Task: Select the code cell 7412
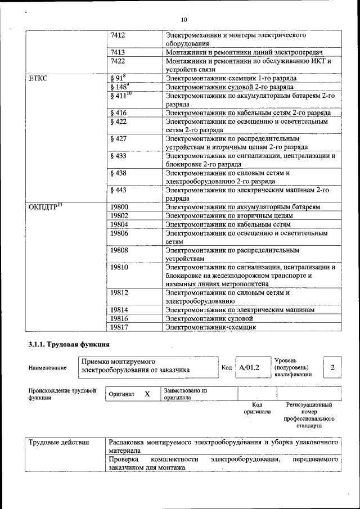click(x=118, y=35)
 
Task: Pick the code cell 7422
click(x=118, y=61)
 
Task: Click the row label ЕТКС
click(x=38, y=78)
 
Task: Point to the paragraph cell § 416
click(x=119, y=113)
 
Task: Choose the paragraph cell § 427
click(x=119, y=138)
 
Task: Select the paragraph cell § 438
click(x=119, y=173)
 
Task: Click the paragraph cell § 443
click(x=119, y=190)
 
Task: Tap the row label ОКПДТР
click(x=45, y=206)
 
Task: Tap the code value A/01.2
click(x=249, y=367)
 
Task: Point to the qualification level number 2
click(x=332, y=367)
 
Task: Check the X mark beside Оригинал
click(x=147, y=394)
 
